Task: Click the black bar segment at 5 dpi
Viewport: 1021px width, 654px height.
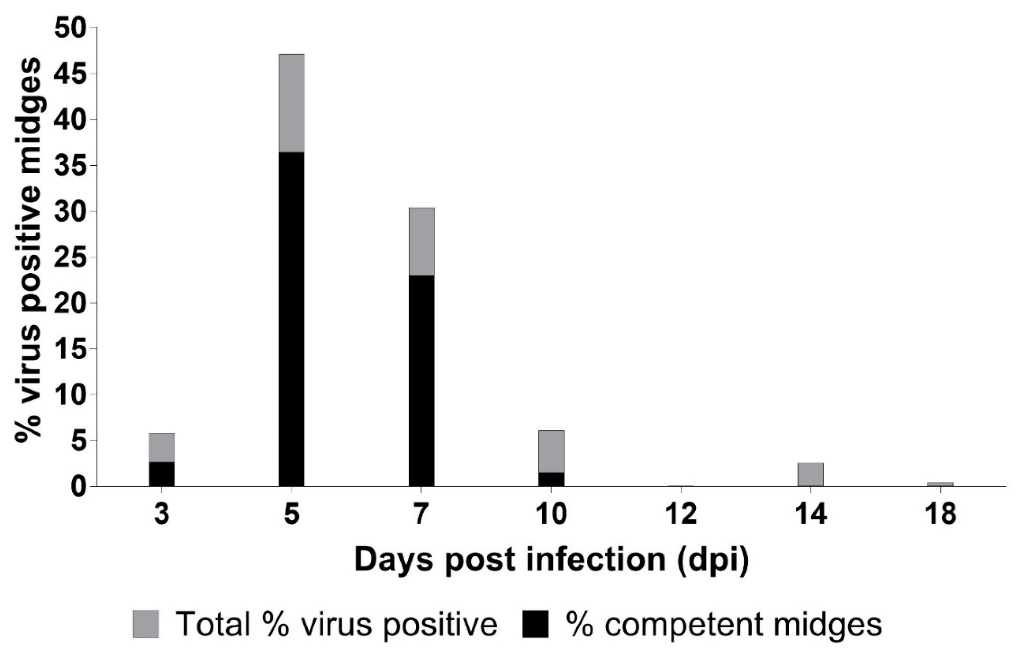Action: pyautogui.click(x=292, y=318)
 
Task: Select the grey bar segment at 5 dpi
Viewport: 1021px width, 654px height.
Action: pyautogui.click(x=292, y=103)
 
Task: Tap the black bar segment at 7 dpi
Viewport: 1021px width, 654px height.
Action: pyautogui.click(x=421, y=380)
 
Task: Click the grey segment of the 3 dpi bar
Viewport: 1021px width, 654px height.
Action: pyautogui.click(x=161, y=447)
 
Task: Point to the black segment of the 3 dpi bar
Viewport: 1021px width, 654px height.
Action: pyautogui.click(x=161, y=474)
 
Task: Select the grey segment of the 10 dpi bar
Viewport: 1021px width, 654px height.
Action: pyautogui.click(x=551, y=451)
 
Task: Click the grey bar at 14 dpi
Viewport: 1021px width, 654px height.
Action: pyautogui.click(x=810, y=474)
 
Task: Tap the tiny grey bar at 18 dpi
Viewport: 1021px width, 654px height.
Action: pyautogui.click(x=940, y=484)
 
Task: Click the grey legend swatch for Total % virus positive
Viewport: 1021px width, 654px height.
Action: pyautogui.click(x=146, y=624)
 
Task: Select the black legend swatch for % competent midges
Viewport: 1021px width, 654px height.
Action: pyautogui.click(x=535, y=624)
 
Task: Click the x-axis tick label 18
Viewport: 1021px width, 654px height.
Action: pyautogui.click(x=940, y=514)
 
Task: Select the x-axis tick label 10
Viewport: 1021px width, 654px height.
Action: pyautogui.click(x=551, y=514)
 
